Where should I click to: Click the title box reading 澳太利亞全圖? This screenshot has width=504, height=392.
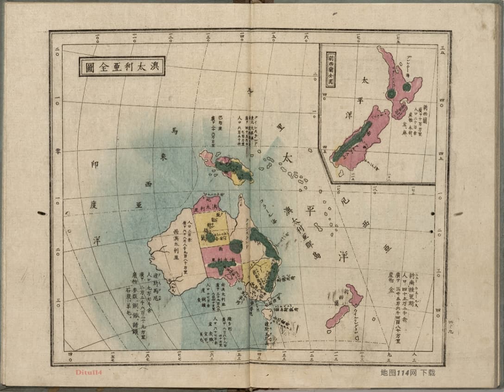coord(122,66)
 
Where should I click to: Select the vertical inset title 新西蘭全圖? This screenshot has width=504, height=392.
coord(331,70)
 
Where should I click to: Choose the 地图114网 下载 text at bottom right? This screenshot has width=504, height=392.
coord(408,372)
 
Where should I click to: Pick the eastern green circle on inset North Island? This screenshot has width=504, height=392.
coord(407,87)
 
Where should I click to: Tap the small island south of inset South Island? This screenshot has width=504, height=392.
coord(341,173)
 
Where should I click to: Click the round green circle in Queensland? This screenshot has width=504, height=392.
coord(236,246)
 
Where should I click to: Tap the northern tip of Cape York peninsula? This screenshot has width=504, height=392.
coord(240,197)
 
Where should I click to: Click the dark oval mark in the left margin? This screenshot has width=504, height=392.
coord(42,213)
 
